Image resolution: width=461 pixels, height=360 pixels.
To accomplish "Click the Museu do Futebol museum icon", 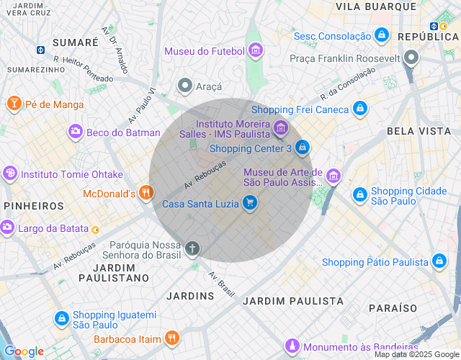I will point(256,51).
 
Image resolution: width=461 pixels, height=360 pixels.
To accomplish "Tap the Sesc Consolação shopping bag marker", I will point(382,35).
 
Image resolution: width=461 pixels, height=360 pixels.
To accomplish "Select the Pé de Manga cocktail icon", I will point(13,104).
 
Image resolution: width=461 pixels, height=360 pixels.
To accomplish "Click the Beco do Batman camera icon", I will point(75,132).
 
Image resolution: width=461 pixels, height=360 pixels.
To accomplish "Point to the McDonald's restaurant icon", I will point(146,193).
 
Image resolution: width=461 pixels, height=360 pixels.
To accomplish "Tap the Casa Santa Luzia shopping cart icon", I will point(249,203).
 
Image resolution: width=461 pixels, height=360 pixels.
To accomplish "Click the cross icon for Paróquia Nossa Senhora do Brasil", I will point(192,249).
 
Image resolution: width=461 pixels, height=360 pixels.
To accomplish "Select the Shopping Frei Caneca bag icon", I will point(360,109).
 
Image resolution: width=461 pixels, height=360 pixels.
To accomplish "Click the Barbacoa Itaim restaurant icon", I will point(171,338).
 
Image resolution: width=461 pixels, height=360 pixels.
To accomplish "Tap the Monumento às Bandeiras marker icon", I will point(292,347).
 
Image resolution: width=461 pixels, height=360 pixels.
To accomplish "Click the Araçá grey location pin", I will point(185,86).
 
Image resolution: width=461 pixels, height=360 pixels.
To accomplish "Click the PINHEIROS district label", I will point(34,206).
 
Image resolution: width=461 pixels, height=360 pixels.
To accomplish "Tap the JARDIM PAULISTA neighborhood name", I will point(292,301).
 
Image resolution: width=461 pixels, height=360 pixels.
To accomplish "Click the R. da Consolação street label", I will point(349,84).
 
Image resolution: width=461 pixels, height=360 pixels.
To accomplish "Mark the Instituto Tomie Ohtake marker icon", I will point(10,174).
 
